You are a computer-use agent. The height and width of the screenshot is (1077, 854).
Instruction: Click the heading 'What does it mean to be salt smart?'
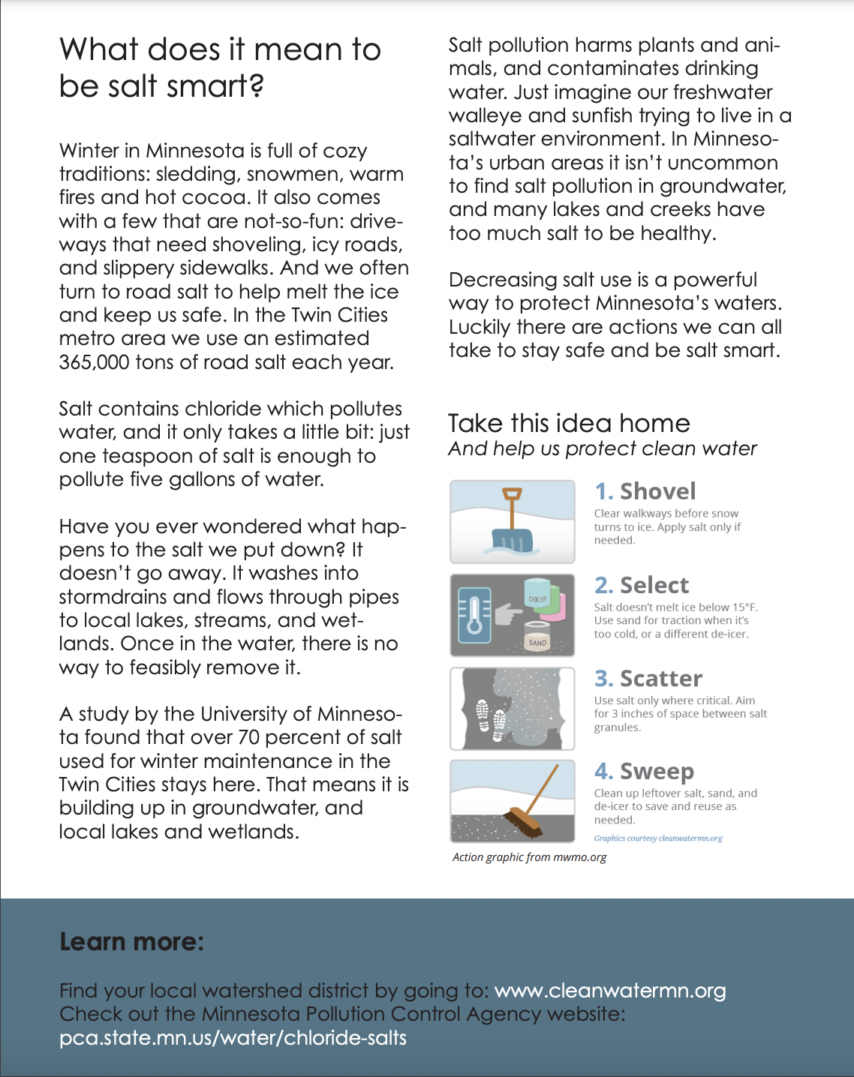click(x=220, y=67)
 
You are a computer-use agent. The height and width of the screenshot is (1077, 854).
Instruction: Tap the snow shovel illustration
click(x=513, y=525)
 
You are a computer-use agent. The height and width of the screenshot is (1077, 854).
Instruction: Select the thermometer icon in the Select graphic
click(x=474, y=615)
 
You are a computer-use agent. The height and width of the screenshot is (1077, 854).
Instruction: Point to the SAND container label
click(x=537, y=643)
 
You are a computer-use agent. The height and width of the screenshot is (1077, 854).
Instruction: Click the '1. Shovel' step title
click(x=645, y=491)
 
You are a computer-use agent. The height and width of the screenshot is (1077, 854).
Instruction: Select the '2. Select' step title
click(x=641, y=585)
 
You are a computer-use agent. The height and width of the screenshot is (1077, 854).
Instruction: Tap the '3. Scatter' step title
click(x=648, y=678)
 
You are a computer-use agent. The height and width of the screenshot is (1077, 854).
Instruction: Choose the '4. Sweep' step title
click(x=644, y=771)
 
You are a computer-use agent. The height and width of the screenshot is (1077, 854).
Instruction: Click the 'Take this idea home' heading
click(x=569, y=423)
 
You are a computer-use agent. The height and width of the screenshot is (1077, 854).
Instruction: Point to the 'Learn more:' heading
click(x=131, y=941)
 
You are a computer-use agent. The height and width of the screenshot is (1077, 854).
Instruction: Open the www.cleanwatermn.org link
click(x=610, y=991)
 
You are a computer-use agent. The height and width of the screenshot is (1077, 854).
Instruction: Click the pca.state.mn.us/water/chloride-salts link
click(x=233, y=1038)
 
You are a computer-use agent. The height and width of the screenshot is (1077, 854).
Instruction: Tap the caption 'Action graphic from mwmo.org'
click(x=529, y=857)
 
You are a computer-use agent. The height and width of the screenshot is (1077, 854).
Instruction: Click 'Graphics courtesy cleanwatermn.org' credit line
click(x=658, y=838)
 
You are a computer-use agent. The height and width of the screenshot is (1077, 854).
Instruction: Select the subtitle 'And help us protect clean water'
click(x=602, y=448)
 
